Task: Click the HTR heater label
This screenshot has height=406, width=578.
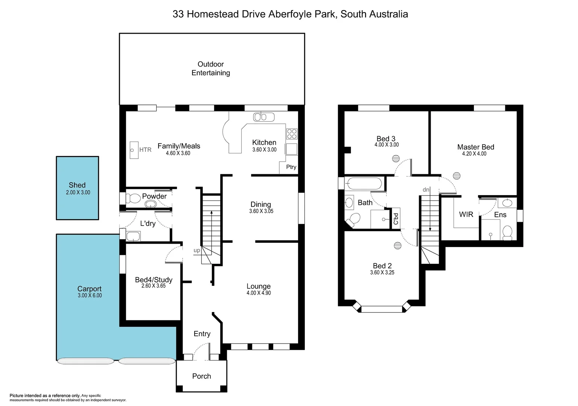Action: (145, 150)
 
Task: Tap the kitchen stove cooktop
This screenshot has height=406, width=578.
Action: (292, 134)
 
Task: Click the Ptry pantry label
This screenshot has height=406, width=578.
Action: (291, 167)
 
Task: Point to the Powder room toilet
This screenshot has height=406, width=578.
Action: (132, 198)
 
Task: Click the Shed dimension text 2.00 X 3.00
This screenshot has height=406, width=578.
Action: (78, 192)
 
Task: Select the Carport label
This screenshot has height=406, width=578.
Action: (89, 289)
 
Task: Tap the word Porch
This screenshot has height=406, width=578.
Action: (201, 376)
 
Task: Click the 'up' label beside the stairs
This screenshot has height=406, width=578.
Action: (197, 250)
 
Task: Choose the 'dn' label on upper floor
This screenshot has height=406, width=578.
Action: (426, 190)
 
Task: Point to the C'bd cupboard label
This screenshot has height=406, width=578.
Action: (396, 219)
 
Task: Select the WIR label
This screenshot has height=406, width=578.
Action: (466, 214)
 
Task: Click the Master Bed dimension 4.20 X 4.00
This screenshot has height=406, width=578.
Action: (474, 154)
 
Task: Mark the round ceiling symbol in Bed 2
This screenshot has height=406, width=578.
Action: (398, 246)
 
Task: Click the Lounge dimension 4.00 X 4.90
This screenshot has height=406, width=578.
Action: (259, 293)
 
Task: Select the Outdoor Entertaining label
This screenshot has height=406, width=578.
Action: (211, 68)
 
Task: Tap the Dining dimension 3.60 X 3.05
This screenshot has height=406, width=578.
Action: (261, 211)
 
